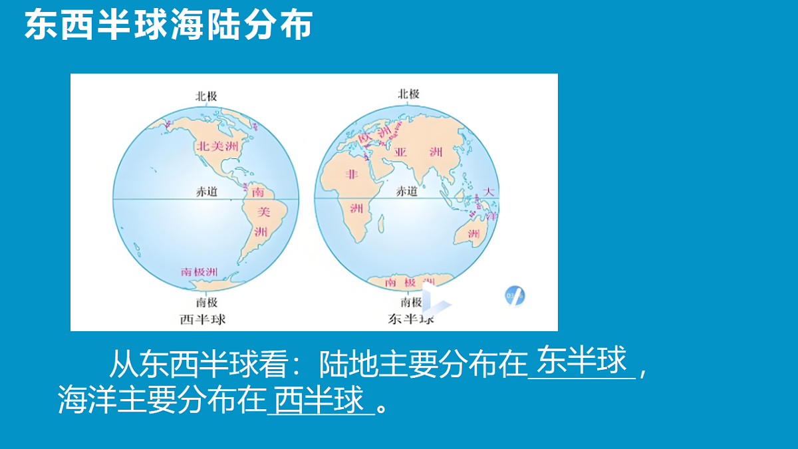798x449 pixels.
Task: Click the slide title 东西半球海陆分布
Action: [168, 26]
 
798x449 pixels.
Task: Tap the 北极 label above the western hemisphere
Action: [206, 96]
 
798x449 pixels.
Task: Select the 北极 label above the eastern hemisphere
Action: [408, 94]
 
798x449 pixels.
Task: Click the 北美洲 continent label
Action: [215, 146]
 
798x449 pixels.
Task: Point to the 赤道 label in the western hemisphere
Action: [205, 192]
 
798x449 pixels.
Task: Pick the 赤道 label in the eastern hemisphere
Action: [407, 192]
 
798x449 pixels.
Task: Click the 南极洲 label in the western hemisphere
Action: [199, 272]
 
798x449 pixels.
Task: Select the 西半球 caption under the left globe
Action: [203, 319]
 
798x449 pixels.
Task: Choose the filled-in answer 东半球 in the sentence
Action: [582, 361]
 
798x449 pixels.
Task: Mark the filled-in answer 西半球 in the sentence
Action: [320, 400]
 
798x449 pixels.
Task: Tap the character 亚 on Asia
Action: [401, 152]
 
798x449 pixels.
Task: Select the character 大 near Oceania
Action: [489, 192]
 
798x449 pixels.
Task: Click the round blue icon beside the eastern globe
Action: [515, 295]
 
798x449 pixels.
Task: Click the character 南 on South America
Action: [259, 193]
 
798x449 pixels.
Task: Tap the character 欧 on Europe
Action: [364, 138]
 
